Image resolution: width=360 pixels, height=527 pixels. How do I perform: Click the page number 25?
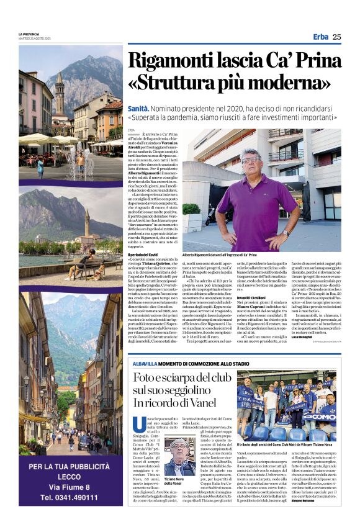pos(336,37)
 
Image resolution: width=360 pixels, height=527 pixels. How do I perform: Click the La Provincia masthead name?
pos(29,34)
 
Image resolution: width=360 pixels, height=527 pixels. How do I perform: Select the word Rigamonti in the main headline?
pos(170,61)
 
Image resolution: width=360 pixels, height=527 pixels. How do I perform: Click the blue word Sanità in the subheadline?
pos(139,108)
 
